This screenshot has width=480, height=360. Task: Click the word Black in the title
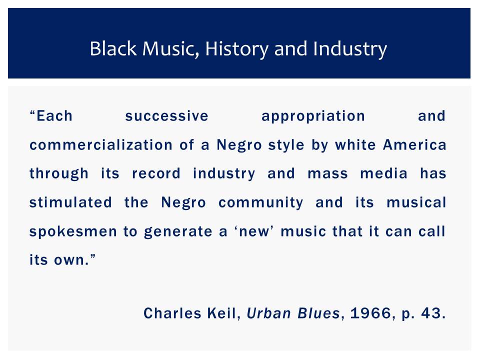(113, 48)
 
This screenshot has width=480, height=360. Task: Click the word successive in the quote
(167, 116)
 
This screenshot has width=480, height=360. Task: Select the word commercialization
(101, 145)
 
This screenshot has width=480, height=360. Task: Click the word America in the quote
(414, 145)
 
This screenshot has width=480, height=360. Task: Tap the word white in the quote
(355, 145)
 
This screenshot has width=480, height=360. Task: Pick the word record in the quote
(156, 173)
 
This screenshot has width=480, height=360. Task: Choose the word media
(384, 173)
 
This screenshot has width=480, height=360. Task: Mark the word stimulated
(70, 202)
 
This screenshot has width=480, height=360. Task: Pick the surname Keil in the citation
(221, 313)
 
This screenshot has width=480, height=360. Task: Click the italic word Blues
(318, 313)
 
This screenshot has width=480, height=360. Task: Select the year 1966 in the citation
(370, 313)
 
